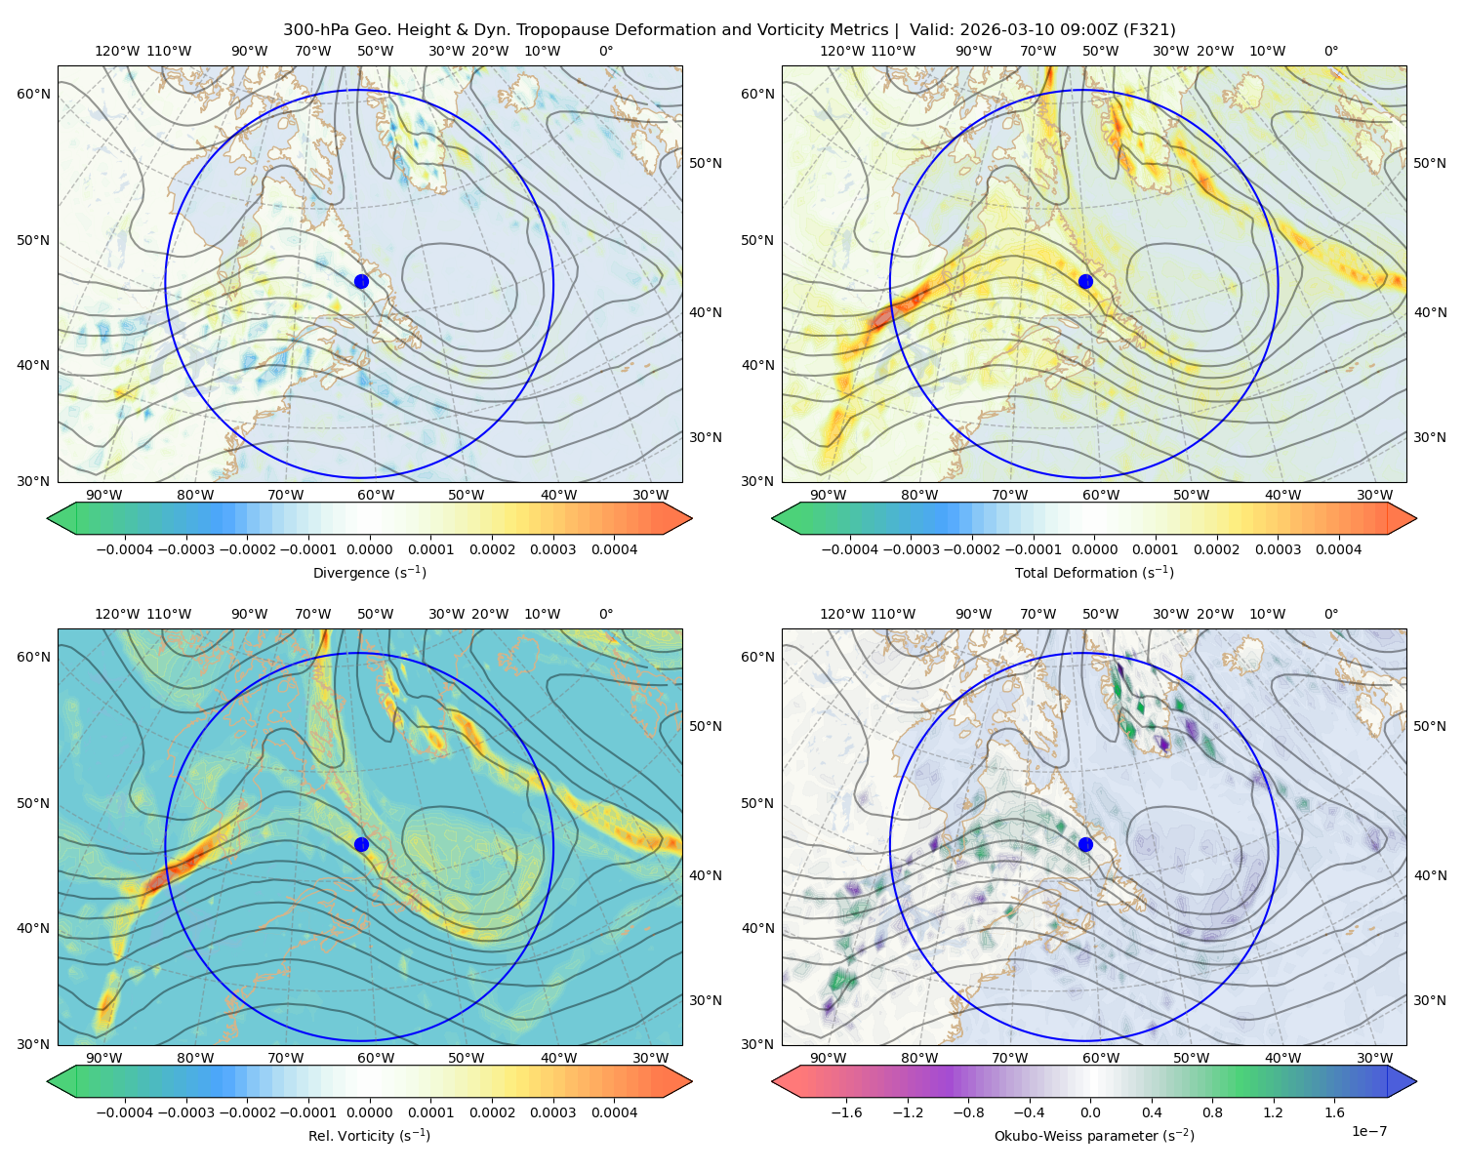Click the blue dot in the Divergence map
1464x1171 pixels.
[361, 281]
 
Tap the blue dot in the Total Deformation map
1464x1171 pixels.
[1085, 281]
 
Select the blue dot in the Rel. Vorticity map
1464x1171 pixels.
[361, 844]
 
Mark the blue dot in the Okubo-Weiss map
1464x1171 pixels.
[1085, 844]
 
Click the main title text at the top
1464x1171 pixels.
[729, 29]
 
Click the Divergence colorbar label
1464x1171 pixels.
[369, 572]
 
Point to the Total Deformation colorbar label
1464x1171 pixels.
[1094, 572]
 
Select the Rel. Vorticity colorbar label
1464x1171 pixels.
[369, 1136]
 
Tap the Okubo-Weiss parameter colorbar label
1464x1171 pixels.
[1094, 1136]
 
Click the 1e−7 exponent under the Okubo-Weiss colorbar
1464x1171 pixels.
[1368, 1131]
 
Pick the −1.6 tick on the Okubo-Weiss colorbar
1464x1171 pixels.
[846, 1112]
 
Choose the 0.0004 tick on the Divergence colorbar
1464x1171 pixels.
[614, 549]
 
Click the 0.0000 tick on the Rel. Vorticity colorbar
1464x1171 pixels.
[369, 1112]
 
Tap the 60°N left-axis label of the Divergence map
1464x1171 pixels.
[33, 94]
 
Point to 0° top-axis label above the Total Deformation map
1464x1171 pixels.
[1330, 51]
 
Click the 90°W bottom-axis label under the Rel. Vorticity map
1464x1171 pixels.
[104, 1058]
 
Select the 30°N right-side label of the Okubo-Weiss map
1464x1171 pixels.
[1430, 1000]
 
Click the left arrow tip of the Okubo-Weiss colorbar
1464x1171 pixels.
[772, 1082]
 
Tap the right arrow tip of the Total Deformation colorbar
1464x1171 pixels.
[1416, 518]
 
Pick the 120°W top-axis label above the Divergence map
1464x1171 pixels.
[117, 51]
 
